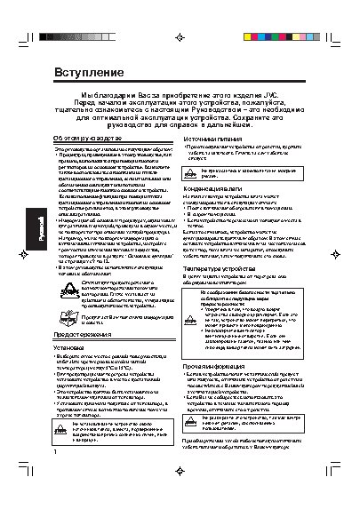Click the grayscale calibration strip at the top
90,38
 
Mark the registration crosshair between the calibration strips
180,38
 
